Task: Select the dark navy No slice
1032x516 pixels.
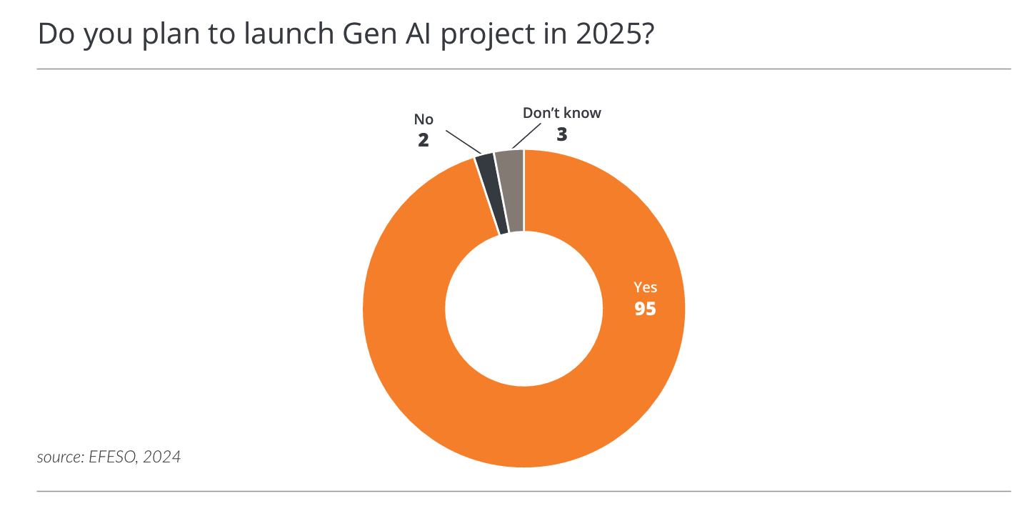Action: [x=492, y=194]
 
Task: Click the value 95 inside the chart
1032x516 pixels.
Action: [x=645, y=309]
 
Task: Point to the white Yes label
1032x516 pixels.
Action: [x=645, y=288]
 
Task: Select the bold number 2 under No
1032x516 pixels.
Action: [x=424, y=140]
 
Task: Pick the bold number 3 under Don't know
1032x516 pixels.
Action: [x=562, y=134]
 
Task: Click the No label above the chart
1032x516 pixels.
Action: [x=424, y=119]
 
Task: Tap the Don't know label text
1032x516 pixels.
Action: [x=562, y=113]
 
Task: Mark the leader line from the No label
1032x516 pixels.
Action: [x=463, y=142]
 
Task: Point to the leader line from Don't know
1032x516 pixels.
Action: [x=526, y=137]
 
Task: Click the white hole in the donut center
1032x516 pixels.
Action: [x=523, y=309]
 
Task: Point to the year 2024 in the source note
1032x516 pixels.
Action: [x=161, y=457]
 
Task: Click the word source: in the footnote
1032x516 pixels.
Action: [x=60, y=457]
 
